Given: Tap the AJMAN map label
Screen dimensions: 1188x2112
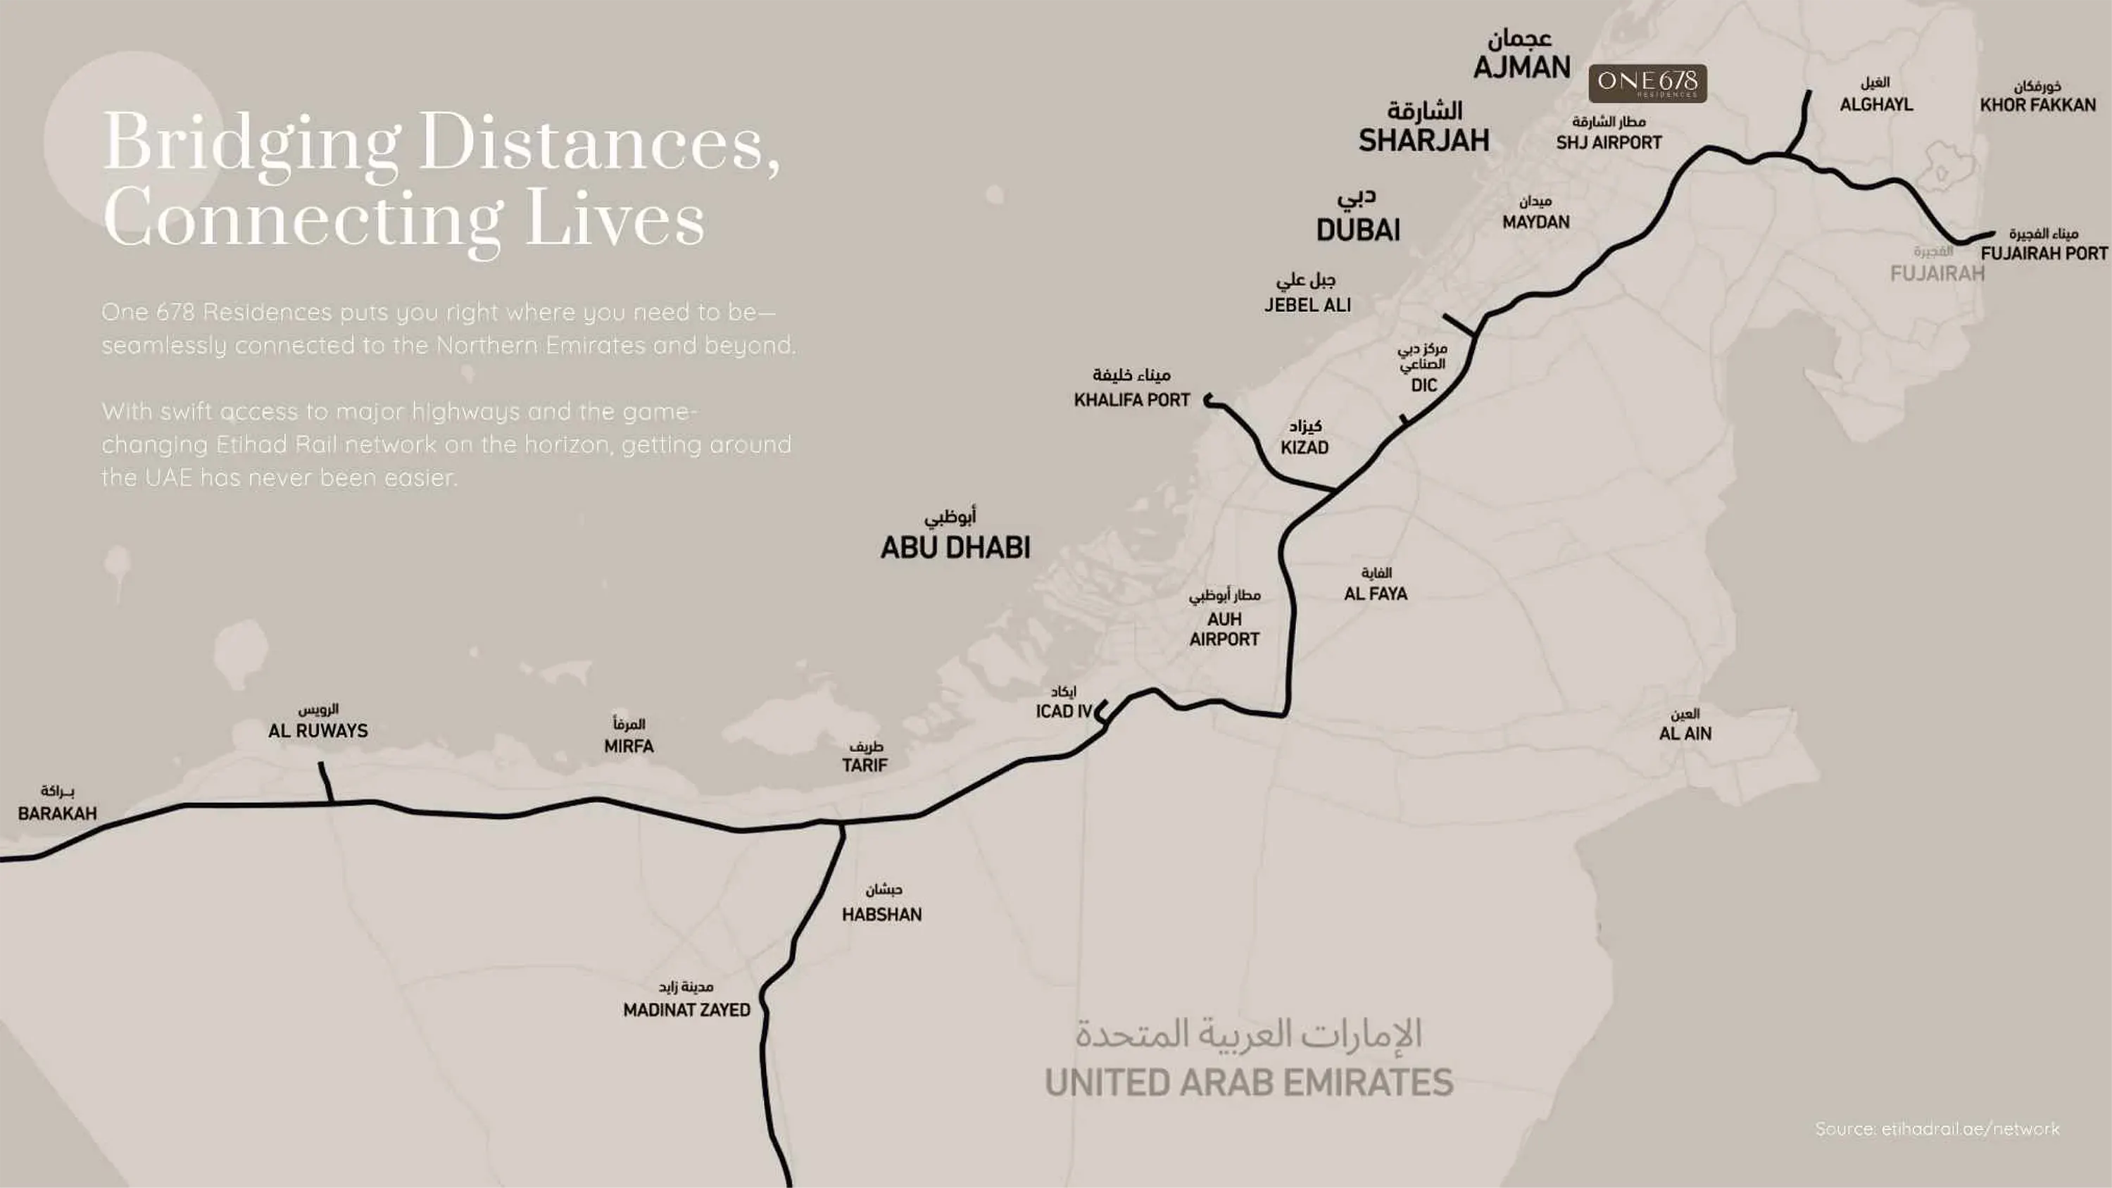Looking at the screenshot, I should coord(1521,67).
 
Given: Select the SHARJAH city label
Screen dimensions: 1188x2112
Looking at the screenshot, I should coord(1424,140).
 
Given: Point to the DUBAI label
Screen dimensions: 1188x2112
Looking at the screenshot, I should coord(1359,230).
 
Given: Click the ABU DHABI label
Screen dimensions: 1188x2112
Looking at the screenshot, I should coord(955,547).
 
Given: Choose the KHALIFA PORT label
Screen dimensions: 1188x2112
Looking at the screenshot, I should coord(1131,400).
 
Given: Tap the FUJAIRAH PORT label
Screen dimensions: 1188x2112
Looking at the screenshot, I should coord(2043,254).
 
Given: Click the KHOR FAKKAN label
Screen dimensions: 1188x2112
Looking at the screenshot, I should coord(2037,105).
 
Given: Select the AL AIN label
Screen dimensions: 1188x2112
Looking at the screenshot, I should coord(1685,734).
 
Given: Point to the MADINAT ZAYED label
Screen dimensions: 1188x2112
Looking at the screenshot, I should coord(686,1010).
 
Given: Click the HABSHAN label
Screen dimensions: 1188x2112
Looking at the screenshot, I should coord(881,914).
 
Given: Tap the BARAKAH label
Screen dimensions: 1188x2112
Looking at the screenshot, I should coord(58,813).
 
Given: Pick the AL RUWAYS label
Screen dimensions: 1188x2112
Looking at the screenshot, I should coord(318,730).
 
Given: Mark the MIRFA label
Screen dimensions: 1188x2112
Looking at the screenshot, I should coord(629,746).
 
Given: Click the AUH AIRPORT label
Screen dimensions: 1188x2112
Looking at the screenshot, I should coord(1224,629).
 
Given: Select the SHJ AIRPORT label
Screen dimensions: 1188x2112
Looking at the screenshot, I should coord(1609,143).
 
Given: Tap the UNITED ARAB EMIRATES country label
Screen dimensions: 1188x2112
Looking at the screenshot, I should coord(1249,1082).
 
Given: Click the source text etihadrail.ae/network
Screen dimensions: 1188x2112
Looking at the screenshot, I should coord(1937,1129).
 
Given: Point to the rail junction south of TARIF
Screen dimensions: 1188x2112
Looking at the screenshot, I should coord(841,823).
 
